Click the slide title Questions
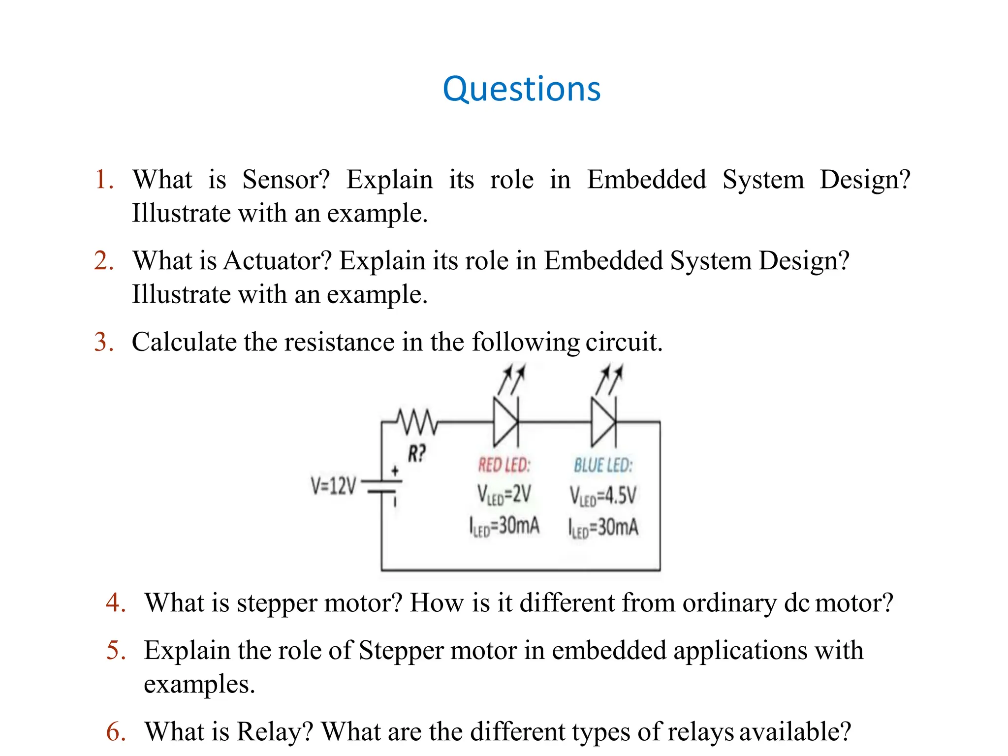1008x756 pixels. pos(521,89)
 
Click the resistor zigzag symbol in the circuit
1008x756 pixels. pos(417,422)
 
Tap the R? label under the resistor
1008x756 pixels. pos(416,453)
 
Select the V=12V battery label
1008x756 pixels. pos(333,486)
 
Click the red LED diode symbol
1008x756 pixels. pos(506,422)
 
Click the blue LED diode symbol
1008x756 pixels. pos(603,422)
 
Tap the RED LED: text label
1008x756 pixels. pos(504,465)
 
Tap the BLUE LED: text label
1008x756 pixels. pos(603,465)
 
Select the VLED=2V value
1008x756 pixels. pos(504,494)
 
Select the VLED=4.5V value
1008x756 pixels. pos(603,495)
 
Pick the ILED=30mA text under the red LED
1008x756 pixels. pos(504,526)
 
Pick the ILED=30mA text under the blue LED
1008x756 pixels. pos(603,528)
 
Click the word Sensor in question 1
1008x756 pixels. pos(286,180)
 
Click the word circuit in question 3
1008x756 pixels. pos(624,342)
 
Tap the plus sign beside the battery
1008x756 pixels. pos(395,471)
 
